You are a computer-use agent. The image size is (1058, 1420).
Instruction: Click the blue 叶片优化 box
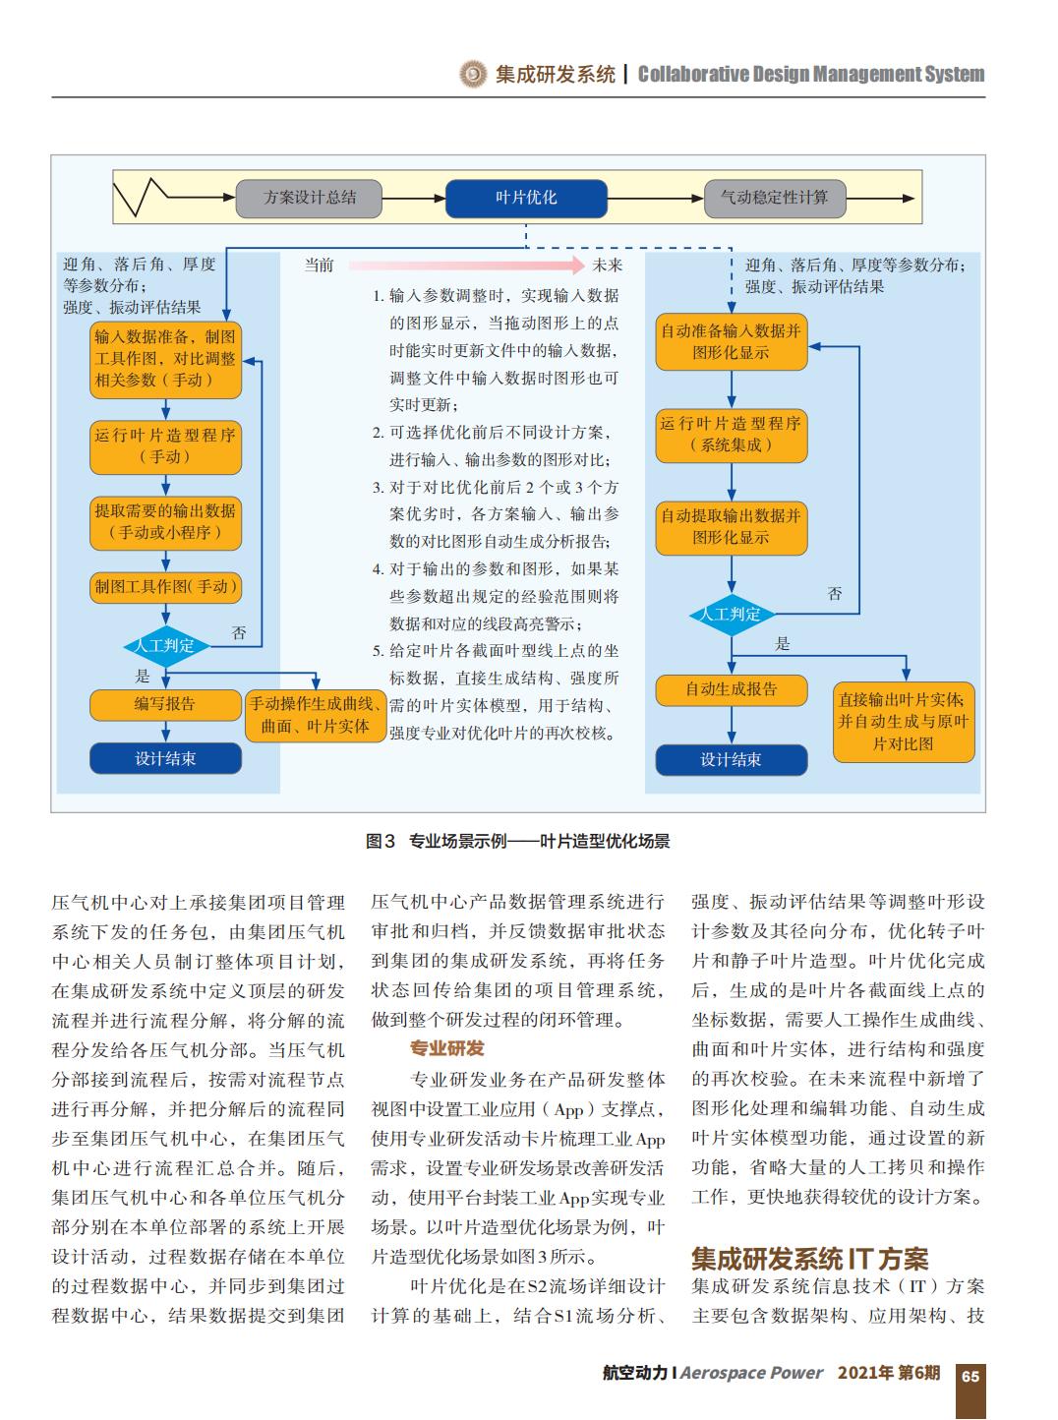point(526,199)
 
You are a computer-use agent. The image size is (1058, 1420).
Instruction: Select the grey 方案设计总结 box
point(309,199)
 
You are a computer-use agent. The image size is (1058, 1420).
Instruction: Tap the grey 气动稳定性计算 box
point(775,199)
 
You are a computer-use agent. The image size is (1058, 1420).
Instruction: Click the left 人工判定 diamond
point(166,647)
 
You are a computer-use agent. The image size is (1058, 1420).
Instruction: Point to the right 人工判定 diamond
point(732,615)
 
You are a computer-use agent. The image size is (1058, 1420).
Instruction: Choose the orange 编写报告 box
point(165,705)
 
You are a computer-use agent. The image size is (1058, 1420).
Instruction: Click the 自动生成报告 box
point(732,690)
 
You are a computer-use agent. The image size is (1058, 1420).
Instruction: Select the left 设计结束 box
point(165,758)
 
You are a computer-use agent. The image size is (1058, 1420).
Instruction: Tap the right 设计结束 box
point(732,760)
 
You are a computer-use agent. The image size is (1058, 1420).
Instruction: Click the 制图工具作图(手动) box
point(165,588)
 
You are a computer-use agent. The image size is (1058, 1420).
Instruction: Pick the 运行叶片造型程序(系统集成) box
point(732,436)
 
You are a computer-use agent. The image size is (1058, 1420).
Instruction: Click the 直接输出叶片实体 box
point(904,722)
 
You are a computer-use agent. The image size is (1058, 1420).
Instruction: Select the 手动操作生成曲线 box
point(316,716)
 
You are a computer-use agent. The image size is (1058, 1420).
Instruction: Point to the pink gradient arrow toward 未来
point(467,266)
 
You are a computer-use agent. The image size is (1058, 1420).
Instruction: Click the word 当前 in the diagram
point(319,266)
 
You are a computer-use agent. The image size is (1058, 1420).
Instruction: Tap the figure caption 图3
point(381,841)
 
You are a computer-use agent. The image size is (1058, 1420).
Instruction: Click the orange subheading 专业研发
point(447,1048)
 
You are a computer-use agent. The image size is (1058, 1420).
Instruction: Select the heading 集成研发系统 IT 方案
point(809,1260)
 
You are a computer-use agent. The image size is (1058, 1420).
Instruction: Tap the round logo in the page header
point(474,75)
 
